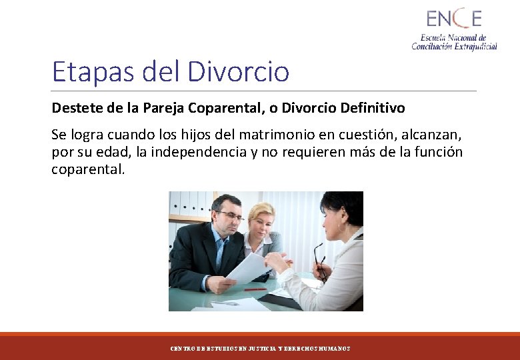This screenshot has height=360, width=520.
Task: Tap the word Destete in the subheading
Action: pyautogui.click(x=73, y=108)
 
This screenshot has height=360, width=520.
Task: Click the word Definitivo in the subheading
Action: pyautogui.click(x=372, y=108)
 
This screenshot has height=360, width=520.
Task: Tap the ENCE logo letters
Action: pyautogui.click(x=454, y=18)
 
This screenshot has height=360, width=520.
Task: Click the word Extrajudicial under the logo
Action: pyautogui.click(x=473, y=46)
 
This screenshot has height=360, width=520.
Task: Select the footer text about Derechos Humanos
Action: pyautogui.click(x=260, y=349)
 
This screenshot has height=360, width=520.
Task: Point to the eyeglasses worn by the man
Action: pyautogui.click(x=229, y=215)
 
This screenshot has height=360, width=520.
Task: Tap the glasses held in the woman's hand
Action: pyautogui.click(x=319, y=260)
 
